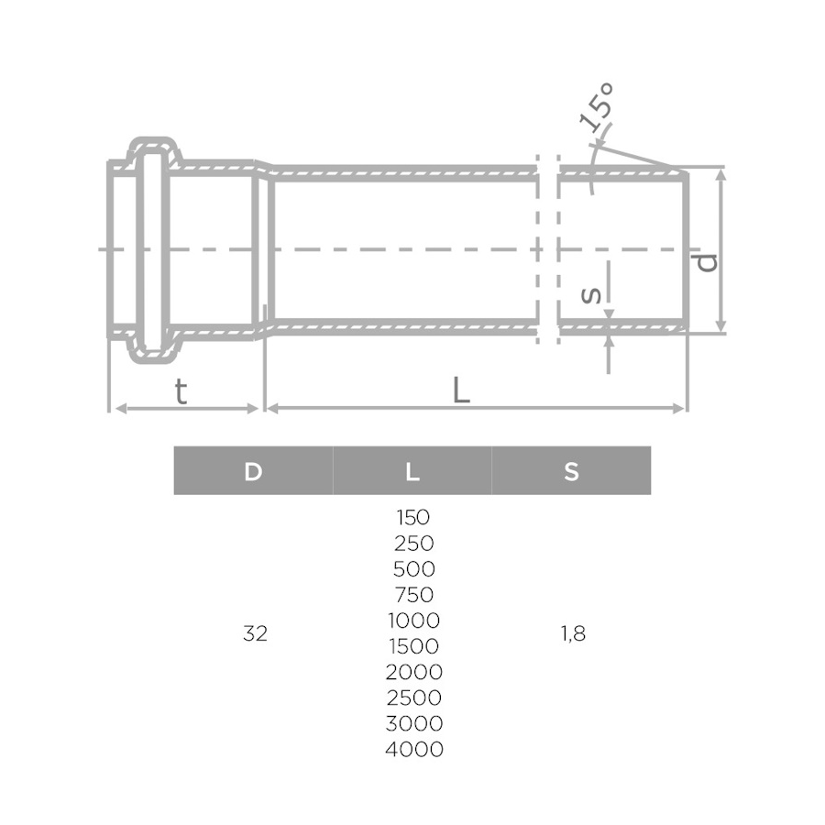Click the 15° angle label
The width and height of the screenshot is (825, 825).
(x=597, y=107)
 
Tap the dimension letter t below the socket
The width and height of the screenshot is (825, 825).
(x=181, y=391)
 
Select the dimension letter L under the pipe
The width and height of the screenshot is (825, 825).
(x=461, y=390)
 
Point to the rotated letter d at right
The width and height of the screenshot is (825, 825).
(x=707, y=262)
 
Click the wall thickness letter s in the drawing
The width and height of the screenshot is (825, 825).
(x=591, y=295)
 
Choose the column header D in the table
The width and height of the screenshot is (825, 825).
(x=253, y=472)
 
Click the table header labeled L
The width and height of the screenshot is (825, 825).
(x=412, y=472)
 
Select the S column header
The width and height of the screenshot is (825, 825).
(x=571, y=472)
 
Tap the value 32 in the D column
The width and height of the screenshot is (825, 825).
(x=255, y=633)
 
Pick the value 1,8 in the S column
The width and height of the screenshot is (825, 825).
(x=573, y=634)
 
